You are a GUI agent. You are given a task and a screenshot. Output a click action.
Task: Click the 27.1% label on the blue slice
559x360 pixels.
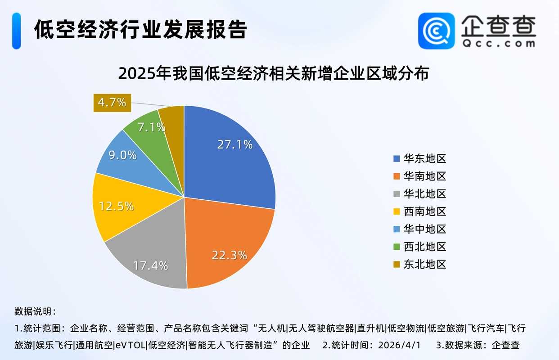click(x=234, y=144)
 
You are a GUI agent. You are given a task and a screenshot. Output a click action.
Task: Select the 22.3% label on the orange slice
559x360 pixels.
click(x=229, y=255)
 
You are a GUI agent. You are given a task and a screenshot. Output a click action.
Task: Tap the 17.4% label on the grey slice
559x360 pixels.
click(x=150, y=265)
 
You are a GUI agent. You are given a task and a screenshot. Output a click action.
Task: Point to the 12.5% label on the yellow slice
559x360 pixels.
click(x=116, y=206)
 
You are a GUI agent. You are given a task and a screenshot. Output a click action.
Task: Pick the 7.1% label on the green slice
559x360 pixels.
click(x=151, y=127)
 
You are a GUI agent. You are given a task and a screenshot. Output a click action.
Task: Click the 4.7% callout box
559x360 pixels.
click(x=112, y=102)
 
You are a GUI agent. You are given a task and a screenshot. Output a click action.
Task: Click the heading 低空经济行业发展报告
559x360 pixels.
click(x=140, y=30)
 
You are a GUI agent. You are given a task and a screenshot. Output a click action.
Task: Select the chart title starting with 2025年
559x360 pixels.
click(x=273, y=73)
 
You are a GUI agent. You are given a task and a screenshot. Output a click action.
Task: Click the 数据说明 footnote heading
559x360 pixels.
click(x=35, y=311)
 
